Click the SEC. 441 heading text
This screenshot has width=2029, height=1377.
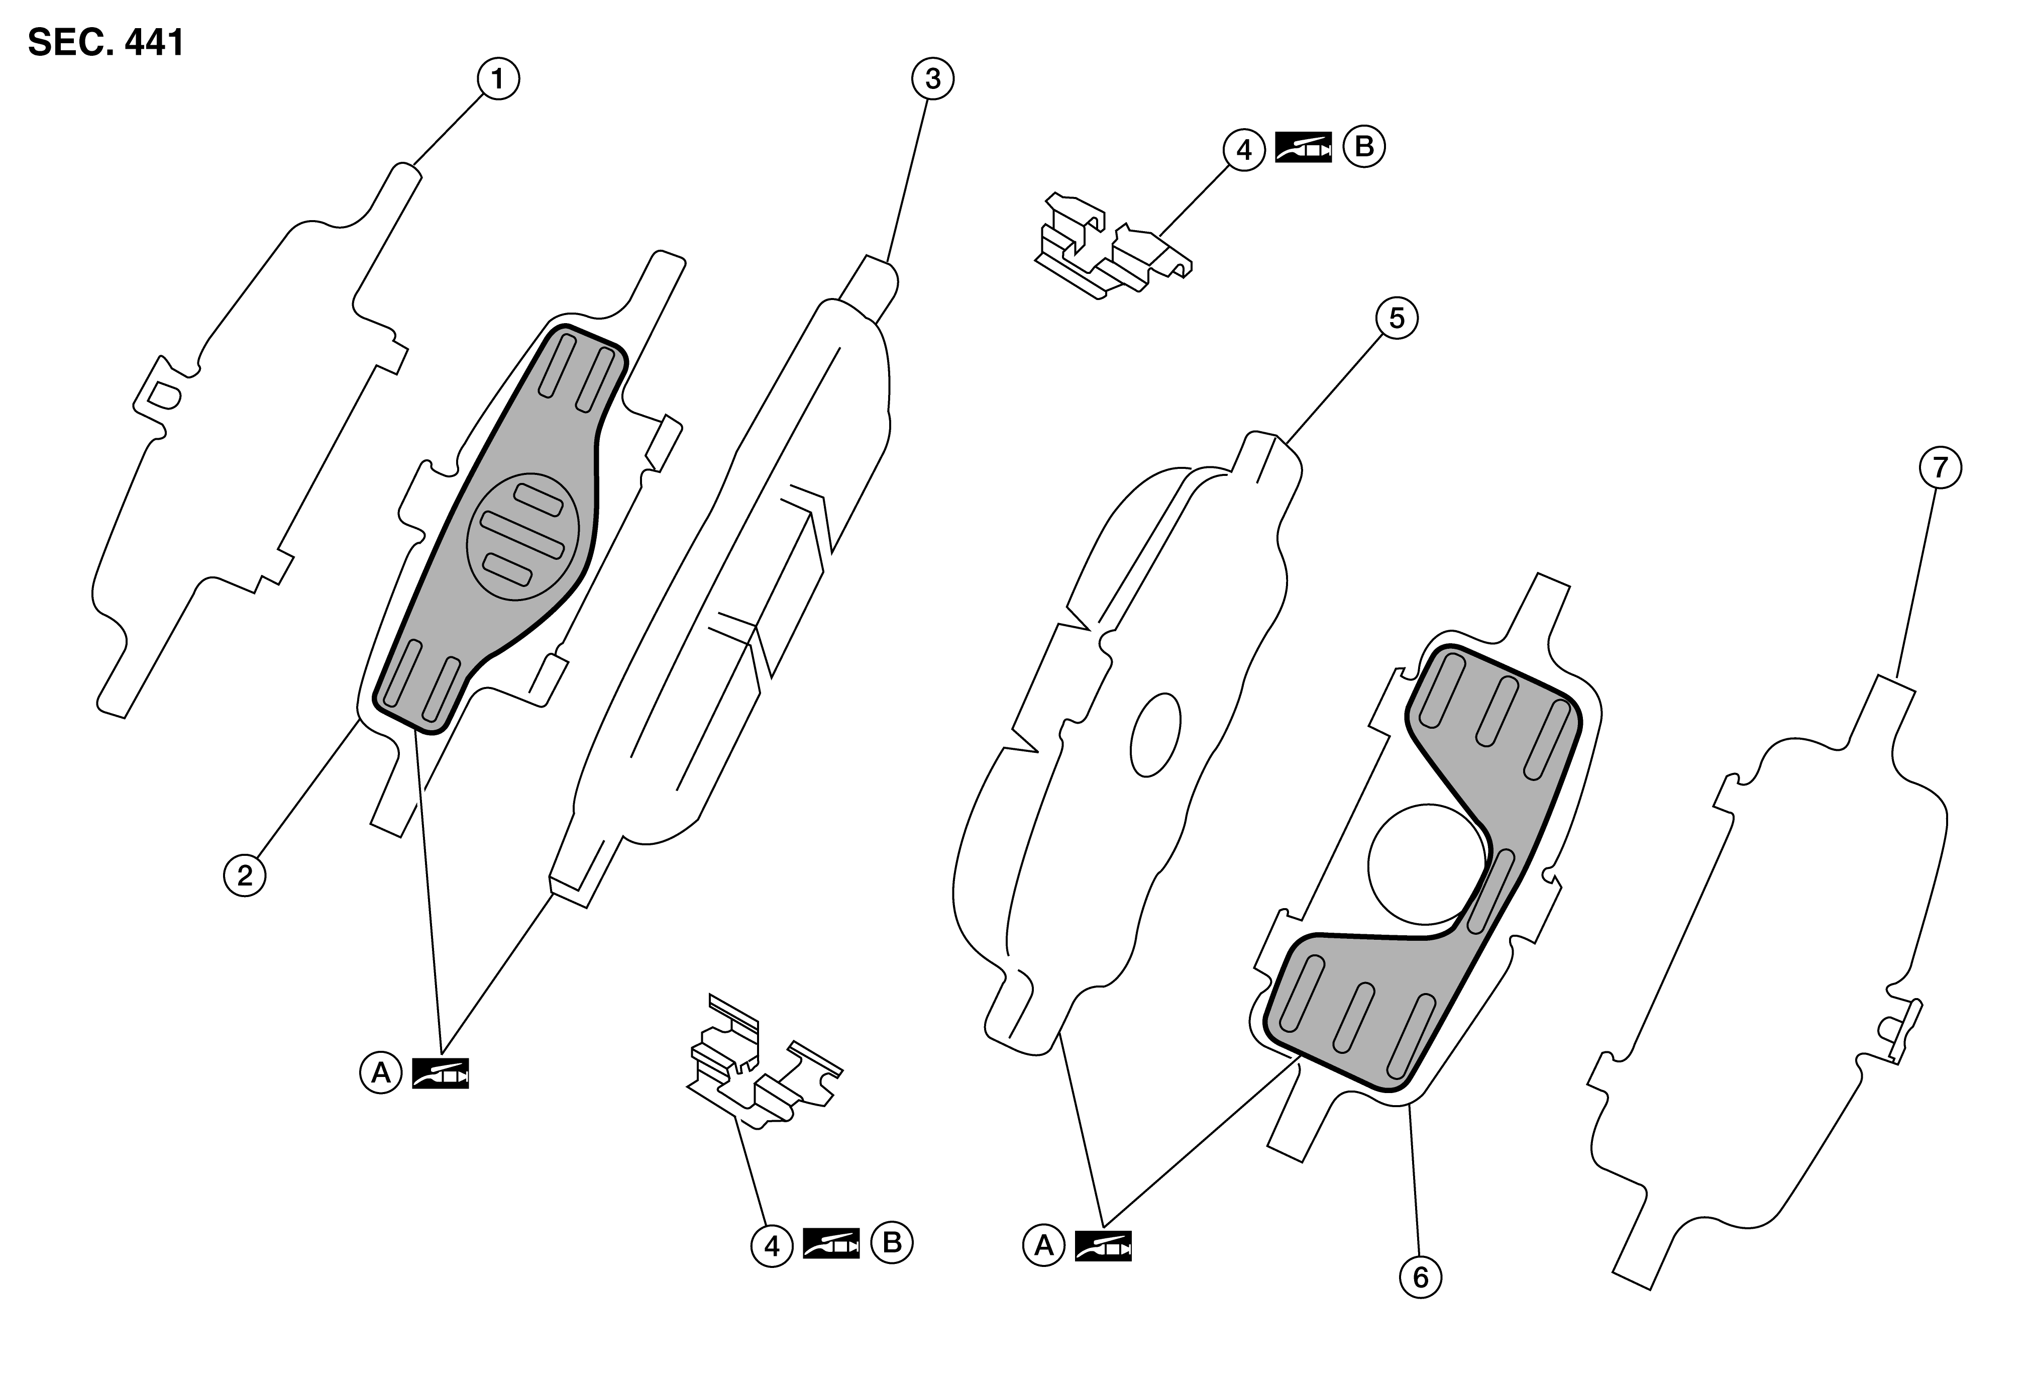pyautogui.click(x=106, y=41)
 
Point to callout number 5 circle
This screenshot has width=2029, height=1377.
pyautogui.click(x=1397, y=319)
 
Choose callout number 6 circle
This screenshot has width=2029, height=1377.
pyautogui.click(x=1421, y=1278)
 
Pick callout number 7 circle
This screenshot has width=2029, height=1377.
pyautogui.click(x=1940, y=467)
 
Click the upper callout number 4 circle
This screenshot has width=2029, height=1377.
pyautogui.click(x=1244, y=150)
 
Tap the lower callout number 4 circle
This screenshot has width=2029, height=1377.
pyautogui.click(x=772, y=1246)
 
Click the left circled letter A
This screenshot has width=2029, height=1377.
pyautogui.click(x=381, y=1073)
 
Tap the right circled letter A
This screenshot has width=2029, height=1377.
pyautogui.click(x=1044, y=1246)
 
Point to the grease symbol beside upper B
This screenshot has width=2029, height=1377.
pyautogui.click(x=1304, y=148)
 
